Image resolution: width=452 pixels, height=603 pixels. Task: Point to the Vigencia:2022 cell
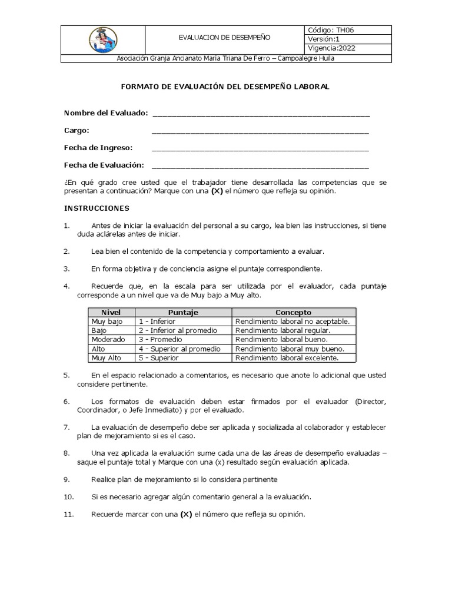332,49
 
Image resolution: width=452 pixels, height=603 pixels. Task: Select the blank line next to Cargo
260,131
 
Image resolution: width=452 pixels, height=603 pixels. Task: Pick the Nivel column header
111,313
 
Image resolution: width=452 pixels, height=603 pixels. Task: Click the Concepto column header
294,313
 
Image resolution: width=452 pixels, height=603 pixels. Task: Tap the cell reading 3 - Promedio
161,339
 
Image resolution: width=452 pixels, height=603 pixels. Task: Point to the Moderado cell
108,339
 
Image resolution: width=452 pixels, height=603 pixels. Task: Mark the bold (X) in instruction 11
186,515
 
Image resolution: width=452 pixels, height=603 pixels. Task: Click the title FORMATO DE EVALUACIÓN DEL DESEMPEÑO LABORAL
225,87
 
